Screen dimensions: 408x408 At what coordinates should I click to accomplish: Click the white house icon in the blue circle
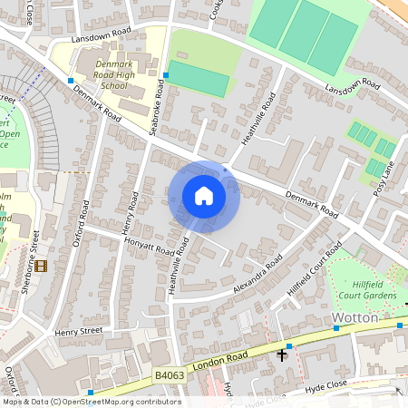coord(204,195)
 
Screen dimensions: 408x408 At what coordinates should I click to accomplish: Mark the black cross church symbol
coord(281,355)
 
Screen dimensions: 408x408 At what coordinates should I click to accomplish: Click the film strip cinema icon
coord(40,266)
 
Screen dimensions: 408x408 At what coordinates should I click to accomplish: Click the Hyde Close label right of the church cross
coord(327,386)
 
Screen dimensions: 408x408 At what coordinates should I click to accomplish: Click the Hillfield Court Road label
coord(314,267)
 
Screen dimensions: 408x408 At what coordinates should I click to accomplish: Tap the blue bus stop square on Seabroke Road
coord(165,74)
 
